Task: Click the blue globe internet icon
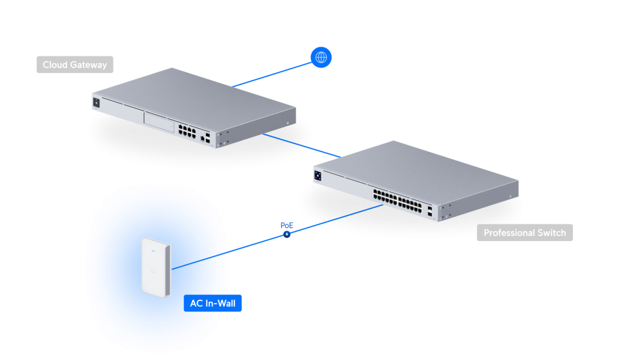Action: (320, 58)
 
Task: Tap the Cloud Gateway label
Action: (75, 64)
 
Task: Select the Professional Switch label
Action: (524, 233)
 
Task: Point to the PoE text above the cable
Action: (287, 225)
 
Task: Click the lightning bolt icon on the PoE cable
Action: (286, 234)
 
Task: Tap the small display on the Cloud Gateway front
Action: (96, 103)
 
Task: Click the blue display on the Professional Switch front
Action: (318, 176)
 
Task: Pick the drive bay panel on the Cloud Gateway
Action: (158, 121)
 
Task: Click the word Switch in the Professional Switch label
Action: (551, 233)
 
